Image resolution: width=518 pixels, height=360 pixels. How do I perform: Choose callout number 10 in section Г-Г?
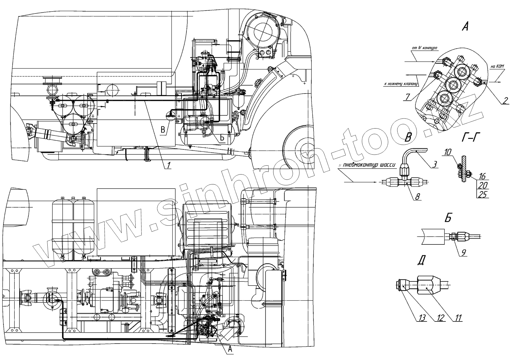click(x=448, y=152)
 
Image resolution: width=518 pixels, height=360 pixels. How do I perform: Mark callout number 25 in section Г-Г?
click(x=482, y=194)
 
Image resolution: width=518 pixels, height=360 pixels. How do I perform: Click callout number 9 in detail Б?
click(x=464, y=253)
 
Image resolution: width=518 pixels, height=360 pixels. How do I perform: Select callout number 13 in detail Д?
click(x=423, y=318)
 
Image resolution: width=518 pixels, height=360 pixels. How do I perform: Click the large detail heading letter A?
click(x=465, y=27)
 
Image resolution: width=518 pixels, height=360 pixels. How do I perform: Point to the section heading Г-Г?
click(x=469, y=137)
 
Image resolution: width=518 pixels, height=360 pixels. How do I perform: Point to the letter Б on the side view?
click(x=222, y=137)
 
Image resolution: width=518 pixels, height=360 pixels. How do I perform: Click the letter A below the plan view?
click(x=230, y=349)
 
